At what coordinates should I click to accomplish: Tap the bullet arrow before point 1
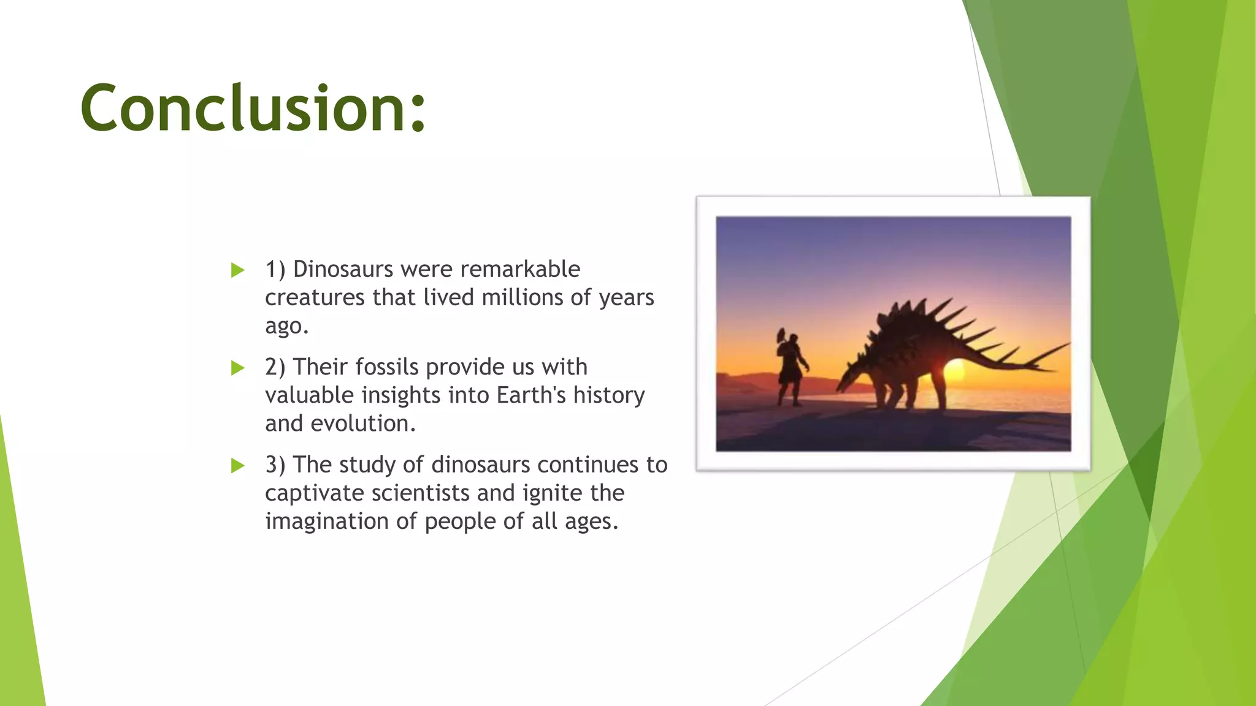pos(237,270)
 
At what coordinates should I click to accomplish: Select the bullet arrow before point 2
pos(237,368)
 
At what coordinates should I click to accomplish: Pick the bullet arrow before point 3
pos(237,466)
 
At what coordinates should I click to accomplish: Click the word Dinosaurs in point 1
pos(343,269)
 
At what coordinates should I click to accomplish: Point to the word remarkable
pos(520,269)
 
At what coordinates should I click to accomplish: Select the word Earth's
pos(531,395)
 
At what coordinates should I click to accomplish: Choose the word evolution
pos(363,423)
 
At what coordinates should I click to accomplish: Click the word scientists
pos(424,493)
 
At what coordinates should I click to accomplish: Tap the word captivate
pos(315,493)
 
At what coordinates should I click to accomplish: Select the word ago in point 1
pos(286,327)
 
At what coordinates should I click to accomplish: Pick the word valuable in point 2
pos(310,395)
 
